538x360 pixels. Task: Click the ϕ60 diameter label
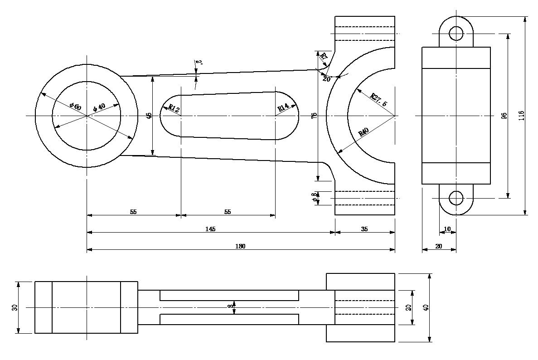tap(75, 107)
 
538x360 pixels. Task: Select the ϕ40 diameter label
tap(99, 107)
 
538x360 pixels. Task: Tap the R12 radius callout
tap(174, 108)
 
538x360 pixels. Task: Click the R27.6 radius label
tap(379, 100)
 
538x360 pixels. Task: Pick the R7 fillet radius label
tap(324, 57)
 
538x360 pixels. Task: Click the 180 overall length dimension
tap(240, 246)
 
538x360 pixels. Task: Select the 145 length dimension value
tap(210, 229)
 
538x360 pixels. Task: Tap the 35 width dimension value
tap(364, 229)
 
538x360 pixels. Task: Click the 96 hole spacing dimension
tap(504, 116)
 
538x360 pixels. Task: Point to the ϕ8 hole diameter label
tap(314, 198)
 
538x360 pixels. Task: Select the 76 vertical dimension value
tap(314, 116)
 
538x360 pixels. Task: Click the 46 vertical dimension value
tap(149, 116)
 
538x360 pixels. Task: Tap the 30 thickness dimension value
tap(15, 307)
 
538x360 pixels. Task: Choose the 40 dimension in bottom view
tap(425, 307)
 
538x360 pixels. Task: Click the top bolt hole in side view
tap(456, 33)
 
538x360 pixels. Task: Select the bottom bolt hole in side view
tap(456, 198)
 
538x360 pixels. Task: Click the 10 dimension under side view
tap(447, 229)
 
